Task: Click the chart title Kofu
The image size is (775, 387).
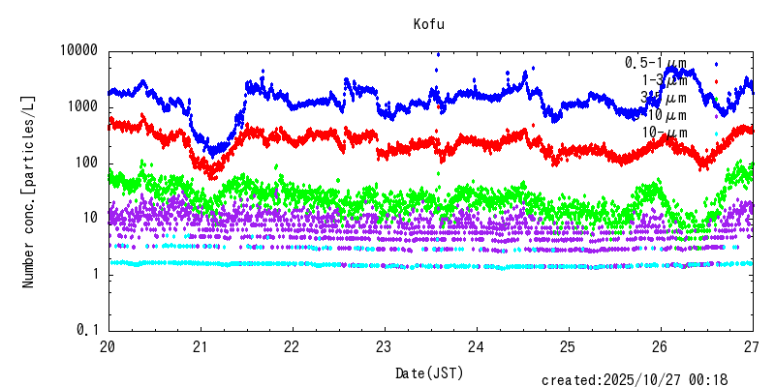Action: coord(429,24)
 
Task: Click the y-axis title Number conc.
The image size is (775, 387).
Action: coord(29,191)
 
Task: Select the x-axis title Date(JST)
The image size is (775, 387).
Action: coord(429,372)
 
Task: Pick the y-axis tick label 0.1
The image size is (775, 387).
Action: coord(90,331)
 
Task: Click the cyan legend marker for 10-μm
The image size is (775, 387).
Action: coord(716,134)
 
